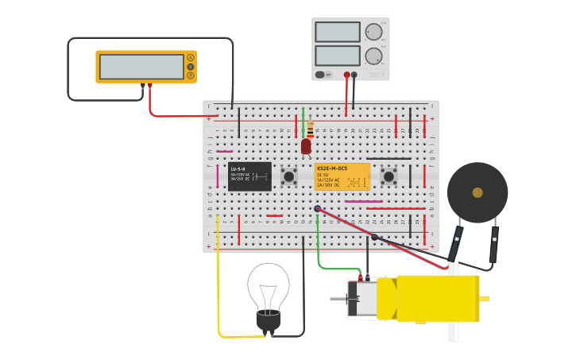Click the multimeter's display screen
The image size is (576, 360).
coord(141,67)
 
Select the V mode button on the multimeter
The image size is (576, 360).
coord(191,67)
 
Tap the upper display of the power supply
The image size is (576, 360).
coord(337,32)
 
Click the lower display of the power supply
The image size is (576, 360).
coord(337,56)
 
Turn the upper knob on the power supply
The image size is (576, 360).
coord(373,32)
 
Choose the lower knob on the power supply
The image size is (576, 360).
coord(373,56)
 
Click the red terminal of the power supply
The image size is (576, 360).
coord(346,75)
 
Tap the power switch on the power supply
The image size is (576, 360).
coord(320,75)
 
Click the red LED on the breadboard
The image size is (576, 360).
coord(306,146)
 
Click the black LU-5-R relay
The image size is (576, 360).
coord(249,176)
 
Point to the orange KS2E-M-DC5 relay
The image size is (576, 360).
coord(342,176)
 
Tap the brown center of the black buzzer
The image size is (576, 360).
coord(477,192)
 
